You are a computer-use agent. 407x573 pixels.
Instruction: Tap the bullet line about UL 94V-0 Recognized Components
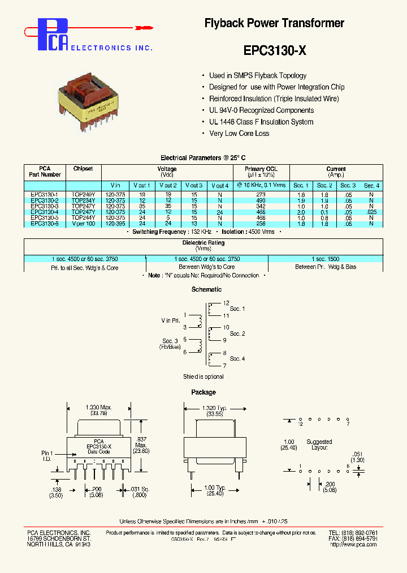click(x=261, y=110)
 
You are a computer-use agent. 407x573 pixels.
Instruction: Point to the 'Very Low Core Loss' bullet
click(x=239, y=134)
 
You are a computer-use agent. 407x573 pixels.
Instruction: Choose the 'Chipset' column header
click(x=83, y=169)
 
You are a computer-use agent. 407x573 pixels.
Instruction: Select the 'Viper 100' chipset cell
click(x=83, y=224)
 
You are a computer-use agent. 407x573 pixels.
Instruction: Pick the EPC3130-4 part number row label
click(x=44, y=212)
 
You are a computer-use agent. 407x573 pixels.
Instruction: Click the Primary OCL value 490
click(x=261, y=200)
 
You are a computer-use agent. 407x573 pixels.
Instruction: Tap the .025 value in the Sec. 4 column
click(x=371, y=212)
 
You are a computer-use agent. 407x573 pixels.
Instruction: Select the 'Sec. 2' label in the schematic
click(x=237, y=333)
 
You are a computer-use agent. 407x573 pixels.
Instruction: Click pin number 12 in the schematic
click(x=226, y=303)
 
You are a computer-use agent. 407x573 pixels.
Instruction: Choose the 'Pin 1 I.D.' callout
click(x=47, y=456)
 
